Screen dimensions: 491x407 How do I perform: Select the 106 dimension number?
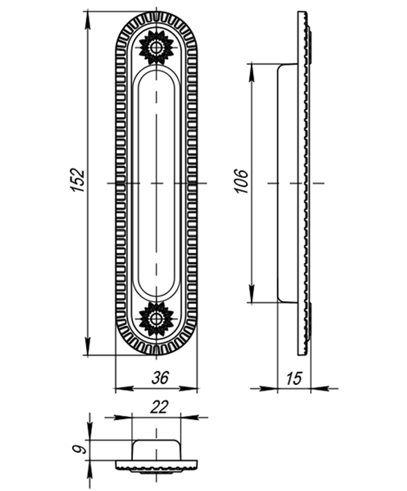tap(242, 181)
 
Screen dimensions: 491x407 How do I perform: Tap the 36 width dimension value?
tap(160, 378)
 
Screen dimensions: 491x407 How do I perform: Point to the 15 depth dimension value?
tap(293, 379)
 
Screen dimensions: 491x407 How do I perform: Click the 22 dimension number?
tap(159, 407)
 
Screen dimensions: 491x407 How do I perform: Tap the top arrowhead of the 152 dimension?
tap(88, 20)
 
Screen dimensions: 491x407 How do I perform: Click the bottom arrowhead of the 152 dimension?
tap(88, 346)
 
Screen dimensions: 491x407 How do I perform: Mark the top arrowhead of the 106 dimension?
tap(252, 72)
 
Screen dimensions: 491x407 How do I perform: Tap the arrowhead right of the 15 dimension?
tap(319, 389)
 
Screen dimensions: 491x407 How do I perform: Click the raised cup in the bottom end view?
tap(156, 450)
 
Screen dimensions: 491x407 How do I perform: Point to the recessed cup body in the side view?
tap(287, 183)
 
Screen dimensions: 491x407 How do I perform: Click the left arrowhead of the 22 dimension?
tap(123, 417)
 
